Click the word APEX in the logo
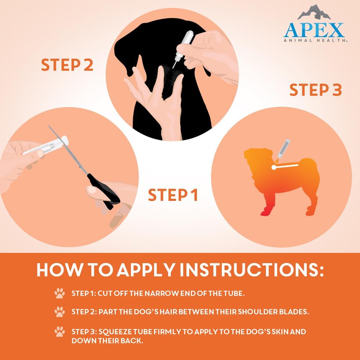(314, 30)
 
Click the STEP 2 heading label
(67, 65)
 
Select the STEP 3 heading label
(315, 90)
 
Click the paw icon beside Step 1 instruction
(59, 293)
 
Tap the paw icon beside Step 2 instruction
(59, 312)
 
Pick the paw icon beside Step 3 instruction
(59, 331)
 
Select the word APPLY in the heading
(139, 270)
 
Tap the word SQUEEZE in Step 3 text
(121, 331)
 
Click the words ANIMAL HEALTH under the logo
(314, 41)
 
